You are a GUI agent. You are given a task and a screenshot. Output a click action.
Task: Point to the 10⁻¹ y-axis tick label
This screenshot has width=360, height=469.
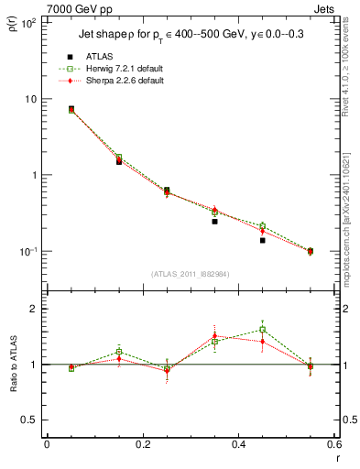click(28, 251)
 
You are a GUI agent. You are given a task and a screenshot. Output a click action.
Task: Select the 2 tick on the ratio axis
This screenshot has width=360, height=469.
click(34, 309)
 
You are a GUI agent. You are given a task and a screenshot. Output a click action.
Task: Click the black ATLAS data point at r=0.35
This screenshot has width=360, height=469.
click(214, 222)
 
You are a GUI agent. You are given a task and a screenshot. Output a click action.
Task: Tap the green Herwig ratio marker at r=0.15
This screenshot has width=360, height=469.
click(119, 352)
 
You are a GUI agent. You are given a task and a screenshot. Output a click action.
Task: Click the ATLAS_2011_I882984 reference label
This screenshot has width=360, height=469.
click(190, 274)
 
